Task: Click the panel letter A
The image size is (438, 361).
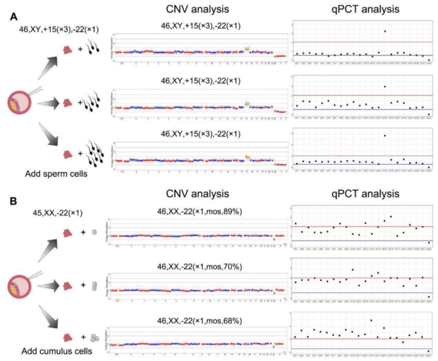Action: pyautogui.click(x=14, y=17)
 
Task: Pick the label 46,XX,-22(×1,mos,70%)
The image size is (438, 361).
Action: pyautogui.click(x=199, y=266)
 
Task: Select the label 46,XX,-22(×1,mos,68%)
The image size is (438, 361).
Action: pyautogui.click(x=199, y=321)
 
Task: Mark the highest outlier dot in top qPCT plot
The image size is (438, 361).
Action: pyautogui.click(x=384, y=31)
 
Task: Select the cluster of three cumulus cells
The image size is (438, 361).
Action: pyautogui.click(x=95, y=337)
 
